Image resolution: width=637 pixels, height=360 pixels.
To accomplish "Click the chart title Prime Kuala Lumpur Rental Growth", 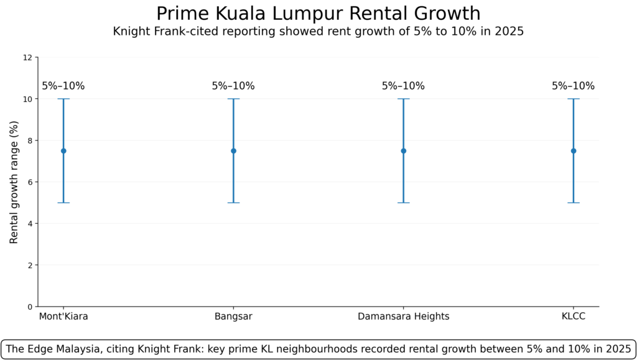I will point(318,13).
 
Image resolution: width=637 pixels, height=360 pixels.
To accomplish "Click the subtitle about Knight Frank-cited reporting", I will point(318,31).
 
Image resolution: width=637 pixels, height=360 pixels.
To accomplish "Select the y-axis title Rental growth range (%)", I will point(14,182).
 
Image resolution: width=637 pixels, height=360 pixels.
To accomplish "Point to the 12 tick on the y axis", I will point(27,57).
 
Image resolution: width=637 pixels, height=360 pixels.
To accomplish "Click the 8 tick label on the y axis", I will point(29,141).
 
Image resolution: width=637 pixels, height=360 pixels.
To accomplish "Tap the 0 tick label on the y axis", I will point(29,307).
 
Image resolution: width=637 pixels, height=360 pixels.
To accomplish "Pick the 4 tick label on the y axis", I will point(29,223).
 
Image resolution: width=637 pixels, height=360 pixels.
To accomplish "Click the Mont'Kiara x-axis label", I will point(63,316).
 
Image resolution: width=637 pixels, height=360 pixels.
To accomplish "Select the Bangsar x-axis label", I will point(233,316).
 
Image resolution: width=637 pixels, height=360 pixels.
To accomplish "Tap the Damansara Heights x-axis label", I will point(403,316).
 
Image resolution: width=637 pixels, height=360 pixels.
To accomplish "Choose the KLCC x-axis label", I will point(573,316).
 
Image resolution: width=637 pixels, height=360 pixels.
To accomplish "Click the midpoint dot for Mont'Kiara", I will point(63,150).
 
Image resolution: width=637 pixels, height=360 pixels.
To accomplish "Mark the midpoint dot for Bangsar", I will point(233,150).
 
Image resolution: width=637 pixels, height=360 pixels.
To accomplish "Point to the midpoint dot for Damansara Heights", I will point(403,150).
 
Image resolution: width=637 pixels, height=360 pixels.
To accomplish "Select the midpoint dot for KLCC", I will point(573,150).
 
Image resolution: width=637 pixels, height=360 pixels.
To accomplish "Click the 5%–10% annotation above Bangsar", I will point(233,86).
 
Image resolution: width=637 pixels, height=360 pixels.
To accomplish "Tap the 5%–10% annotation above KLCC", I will point(573,86).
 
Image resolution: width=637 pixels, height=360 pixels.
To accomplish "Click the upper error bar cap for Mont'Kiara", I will point(63,99).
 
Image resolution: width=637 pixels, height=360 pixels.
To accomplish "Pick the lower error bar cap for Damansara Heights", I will point(403,203).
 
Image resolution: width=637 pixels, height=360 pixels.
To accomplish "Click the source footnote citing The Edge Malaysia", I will point(318,349).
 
